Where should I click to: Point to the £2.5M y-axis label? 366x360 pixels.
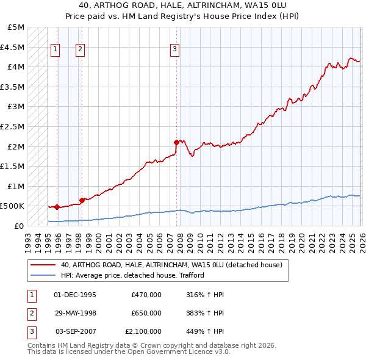click(x=13, y=126)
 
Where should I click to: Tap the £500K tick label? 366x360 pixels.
click(x=13, y=206)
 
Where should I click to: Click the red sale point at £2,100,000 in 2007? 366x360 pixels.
click(x=176, y=142)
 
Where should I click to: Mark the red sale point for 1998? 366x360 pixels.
click(x=82, y=200)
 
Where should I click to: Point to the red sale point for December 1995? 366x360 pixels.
click(x=57, y=207)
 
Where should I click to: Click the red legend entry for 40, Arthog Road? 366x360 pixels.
click(x=171, y=265)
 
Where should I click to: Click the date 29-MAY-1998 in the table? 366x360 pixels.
click(x=75, y=313)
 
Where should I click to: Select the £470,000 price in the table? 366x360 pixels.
click(x=146, y=295)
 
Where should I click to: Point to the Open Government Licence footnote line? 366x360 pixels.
click(x=129, y=352)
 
